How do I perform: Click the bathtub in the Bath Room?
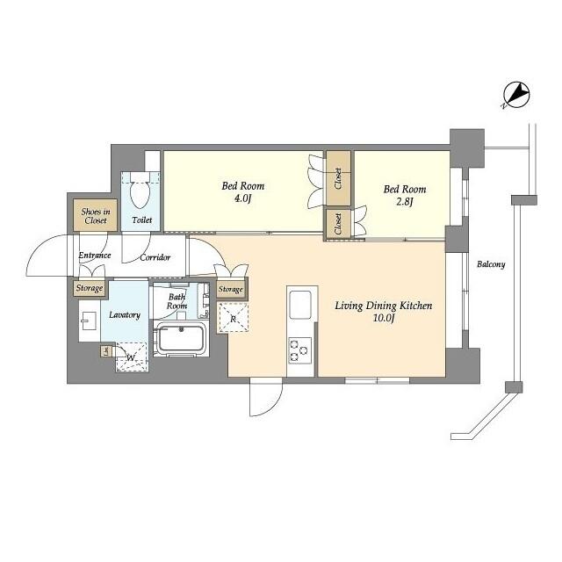pos(181,338)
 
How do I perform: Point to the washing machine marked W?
pos(130,357)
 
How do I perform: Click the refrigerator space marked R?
pos(234,318)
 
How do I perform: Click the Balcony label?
pos(492,264)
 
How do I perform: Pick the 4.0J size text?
pos(242,199)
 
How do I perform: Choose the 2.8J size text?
pos(404,202)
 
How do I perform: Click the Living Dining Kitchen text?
pos(383,306)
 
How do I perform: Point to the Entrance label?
pos(95,256)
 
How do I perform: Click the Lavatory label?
pos(125,314)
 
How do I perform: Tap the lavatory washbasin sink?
pos(88,321)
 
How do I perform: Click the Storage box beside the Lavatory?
pos(89,288)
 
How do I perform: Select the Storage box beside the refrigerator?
pos(231,289)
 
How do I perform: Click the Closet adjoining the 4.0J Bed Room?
pos(338,178)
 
